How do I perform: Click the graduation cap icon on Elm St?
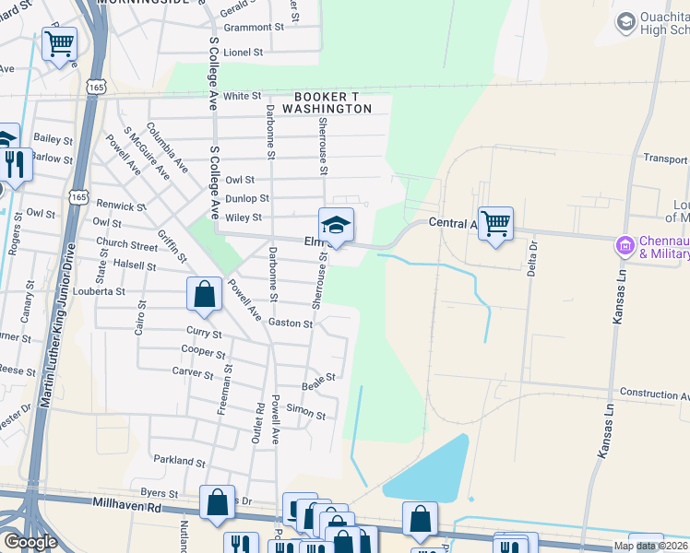[x=336, y=224]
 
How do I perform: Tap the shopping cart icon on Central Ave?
[x=496, y=223]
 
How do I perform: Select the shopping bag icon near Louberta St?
[x=205, y=295]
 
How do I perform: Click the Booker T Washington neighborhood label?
[x=333, y=102]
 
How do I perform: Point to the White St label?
[x=242, y=96]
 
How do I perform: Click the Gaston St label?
[x=291, y=324]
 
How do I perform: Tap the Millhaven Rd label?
[x=127, y=506]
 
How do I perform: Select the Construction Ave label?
[x=654, y=394]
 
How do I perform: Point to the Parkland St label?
[x=179, y=461]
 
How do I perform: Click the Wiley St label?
[x=244, y=218]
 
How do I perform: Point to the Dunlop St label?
[x=246, y=198]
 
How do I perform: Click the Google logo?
[x=30, y=542]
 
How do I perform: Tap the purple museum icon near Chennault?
[x=625, y=246]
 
